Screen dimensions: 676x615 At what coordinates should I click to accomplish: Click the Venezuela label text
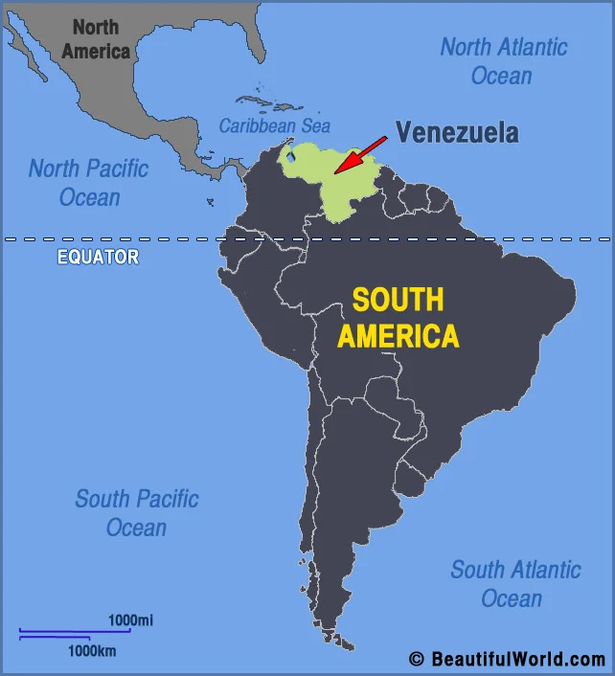(x=457, y=133)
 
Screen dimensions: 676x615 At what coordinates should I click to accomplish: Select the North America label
(x=96, y=39)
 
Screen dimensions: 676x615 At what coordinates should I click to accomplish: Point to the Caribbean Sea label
(x=274, y=125)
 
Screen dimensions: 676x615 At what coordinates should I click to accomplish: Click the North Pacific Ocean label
(x=89, y=183)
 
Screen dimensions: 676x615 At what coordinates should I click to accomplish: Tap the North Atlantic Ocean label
(x=503, y=60)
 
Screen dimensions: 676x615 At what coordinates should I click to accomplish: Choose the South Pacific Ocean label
(x=137, y=513)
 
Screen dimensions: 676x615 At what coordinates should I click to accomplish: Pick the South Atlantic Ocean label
(x=515, y=584)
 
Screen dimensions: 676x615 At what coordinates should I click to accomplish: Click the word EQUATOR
(x=98, y=257)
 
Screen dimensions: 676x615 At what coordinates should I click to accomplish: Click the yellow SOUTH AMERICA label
(x=398, y=318)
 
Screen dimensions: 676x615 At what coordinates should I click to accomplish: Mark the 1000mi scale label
(x=130, y=620)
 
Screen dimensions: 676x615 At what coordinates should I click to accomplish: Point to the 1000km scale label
(x=91, y=651)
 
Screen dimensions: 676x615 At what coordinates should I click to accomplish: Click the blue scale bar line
(x=74, y=632)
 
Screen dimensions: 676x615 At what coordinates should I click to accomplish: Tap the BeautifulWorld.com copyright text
(x=507, y=659)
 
